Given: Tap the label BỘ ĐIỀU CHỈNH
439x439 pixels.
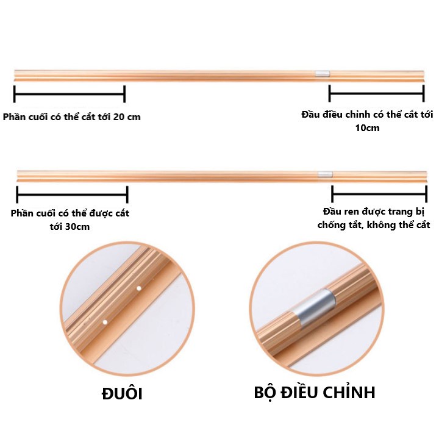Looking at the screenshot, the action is point(314,392).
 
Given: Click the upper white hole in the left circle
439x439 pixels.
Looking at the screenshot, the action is point(139,288).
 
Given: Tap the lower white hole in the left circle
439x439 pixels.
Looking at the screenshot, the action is point(105,321).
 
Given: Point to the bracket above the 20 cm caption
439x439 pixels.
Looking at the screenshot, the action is point(69,94).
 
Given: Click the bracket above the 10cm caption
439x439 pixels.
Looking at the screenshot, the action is point(376,94).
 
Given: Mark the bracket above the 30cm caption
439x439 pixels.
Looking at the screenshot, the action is point(72,195).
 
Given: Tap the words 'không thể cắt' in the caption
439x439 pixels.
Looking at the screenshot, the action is point(399,225).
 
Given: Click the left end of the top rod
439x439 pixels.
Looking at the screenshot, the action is point(17,74).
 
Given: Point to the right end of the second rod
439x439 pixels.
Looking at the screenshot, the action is point(424,176).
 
